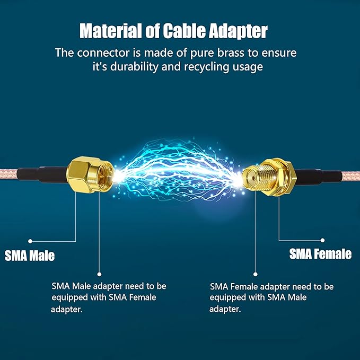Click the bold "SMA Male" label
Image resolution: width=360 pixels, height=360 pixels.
point(30,256)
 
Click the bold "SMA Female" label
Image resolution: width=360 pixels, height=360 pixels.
point(320,254)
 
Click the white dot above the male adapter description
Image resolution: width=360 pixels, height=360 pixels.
point(98,275)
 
